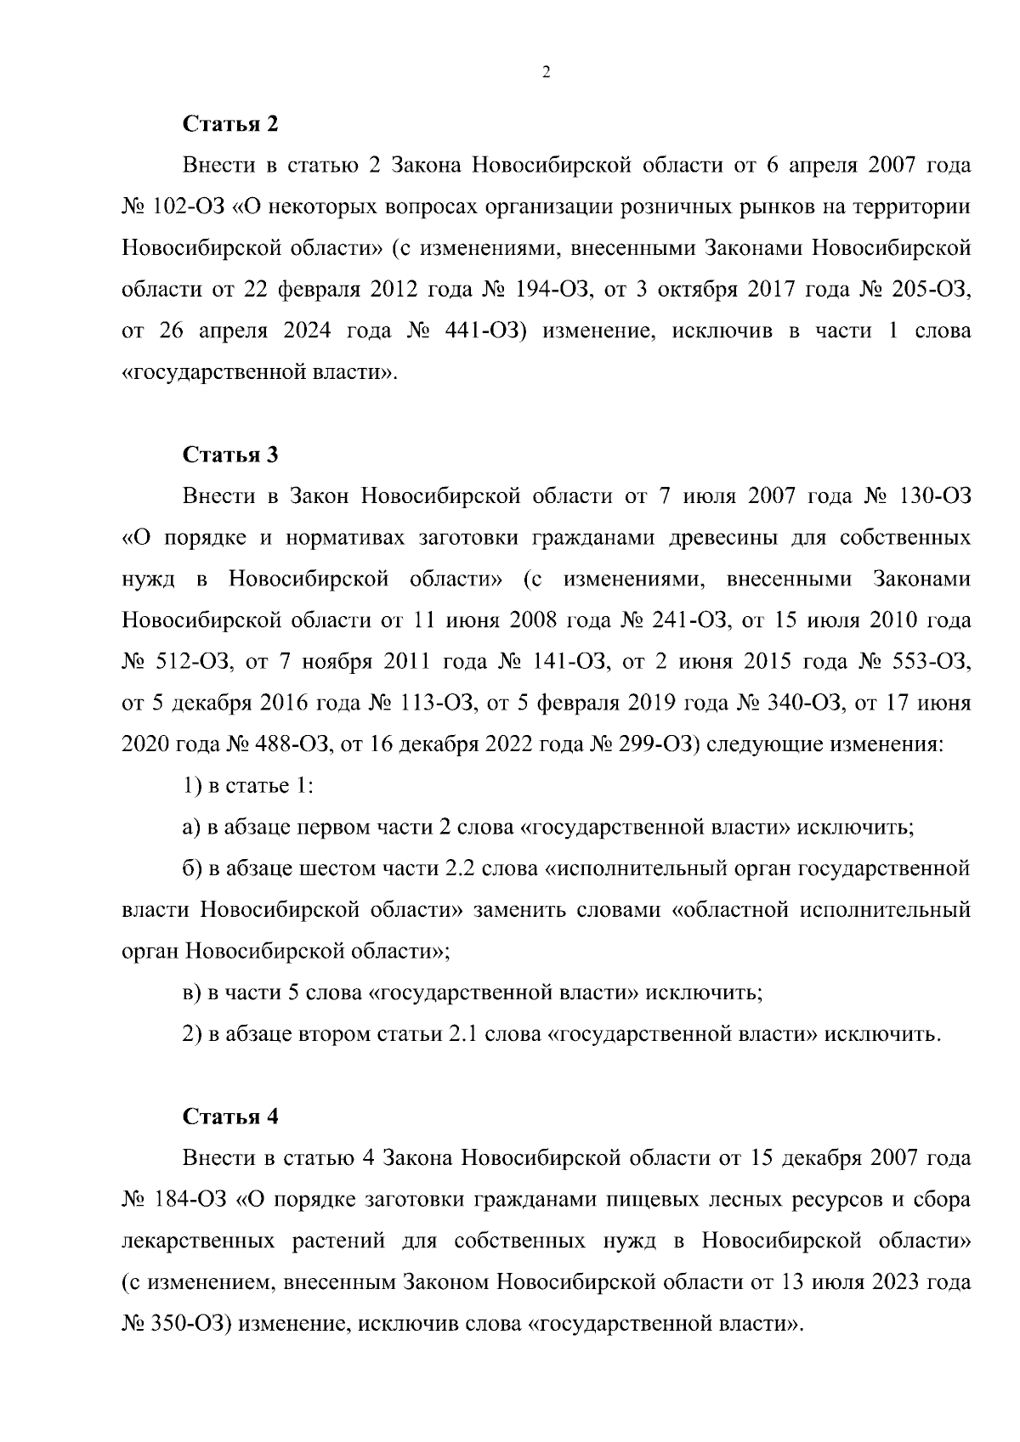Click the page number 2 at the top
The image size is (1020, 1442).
(x=546, y=73)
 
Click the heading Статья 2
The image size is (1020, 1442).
(x=231, y=124)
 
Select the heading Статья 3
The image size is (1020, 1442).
(x=231, y=455)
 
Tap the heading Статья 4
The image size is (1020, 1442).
(x=231, y=1117)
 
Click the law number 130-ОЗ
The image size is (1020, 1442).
(x=934, y=496)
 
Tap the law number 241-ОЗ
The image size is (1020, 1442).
(x=690, y=620)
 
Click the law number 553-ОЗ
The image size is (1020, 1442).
(x=934, y=662)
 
